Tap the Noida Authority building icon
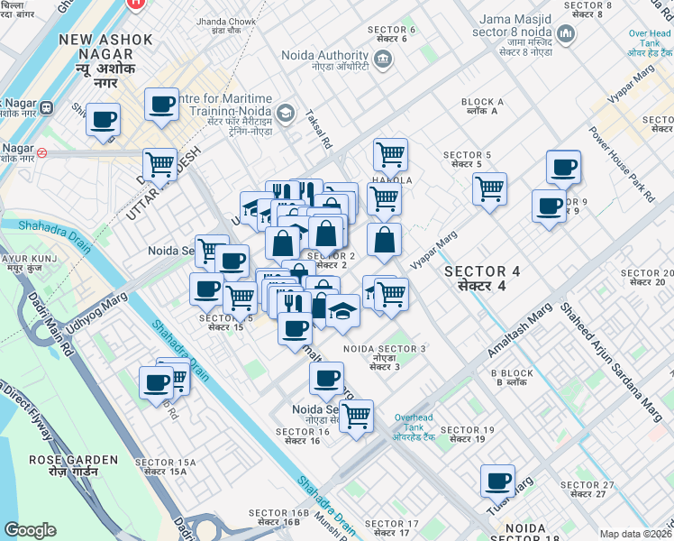coord(383,60)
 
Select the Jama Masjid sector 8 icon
coord(566,34)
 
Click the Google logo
coord(30,530)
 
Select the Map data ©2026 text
coord(635,534)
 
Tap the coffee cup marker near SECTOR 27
coord(496,480)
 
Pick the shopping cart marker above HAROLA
coord(390,154)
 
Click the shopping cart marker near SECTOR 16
coord(357,416)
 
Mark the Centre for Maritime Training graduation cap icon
coord(286,113)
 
